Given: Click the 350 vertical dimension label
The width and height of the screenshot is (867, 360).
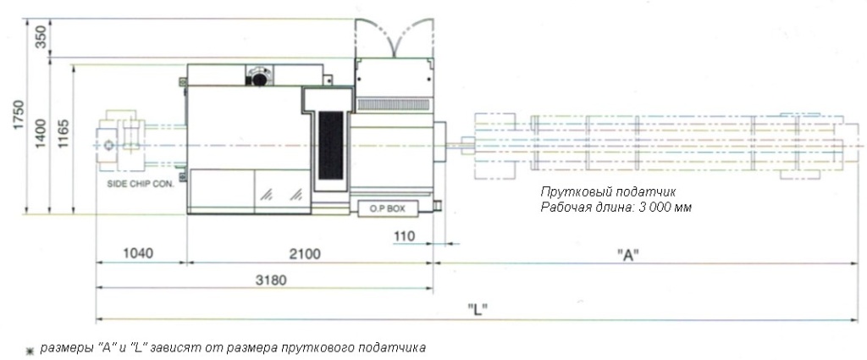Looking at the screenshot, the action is [x=41, y=37].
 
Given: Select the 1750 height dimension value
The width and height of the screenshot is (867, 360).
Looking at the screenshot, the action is [x=19, y=115].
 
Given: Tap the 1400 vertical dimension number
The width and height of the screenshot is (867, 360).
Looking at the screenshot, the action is [x=41, y=134].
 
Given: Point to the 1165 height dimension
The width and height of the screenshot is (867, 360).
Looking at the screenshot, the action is [x=64, y=134].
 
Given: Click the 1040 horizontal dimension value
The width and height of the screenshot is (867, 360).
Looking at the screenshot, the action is [x=137, y=254].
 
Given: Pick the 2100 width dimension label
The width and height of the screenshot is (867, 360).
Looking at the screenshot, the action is [x=305, y=254].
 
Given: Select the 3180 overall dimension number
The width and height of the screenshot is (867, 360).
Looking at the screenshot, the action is [x=271, y=280].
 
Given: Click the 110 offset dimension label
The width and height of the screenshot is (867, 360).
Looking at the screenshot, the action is [x=405, y=236].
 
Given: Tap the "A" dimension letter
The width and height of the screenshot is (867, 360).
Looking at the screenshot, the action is [x=628, y=255].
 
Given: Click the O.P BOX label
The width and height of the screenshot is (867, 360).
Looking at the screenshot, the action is [x=387, y=209].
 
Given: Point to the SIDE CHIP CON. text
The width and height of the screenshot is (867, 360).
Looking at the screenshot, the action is [x=140, y=185].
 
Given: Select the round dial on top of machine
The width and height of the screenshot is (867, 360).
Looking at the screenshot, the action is [x=259, y=78].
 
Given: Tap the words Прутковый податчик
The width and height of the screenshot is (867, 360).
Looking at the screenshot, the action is [x=608, y=192].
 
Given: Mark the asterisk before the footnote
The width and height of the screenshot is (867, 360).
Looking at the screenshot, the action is [x=30, y=351].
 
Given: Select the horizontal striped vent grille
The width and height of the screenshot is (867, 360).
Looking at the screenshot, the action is [x=394, y=104].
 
